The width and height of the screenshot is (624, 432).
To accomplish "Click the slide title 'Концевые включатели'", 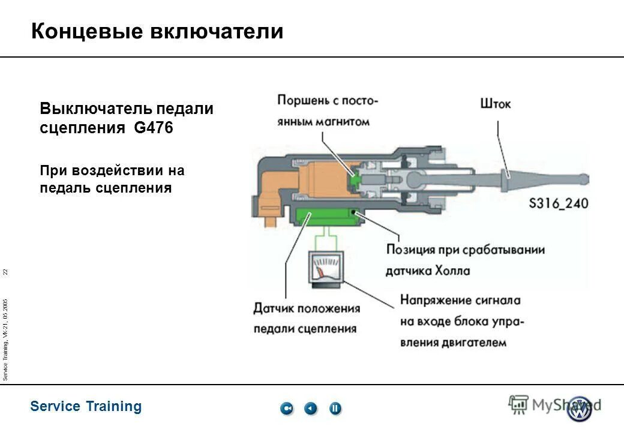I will point(157,31).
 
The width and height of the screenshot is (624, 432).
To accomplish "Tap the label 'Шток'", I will point(496,104).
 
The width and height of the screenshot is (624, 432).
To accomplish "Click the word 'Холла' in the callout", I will point(450,271).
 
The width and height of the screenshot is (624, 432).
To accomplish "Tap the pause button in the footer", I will point(335,409).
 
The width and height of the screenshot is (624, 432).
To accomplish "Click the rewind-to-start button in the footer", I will point(287,409).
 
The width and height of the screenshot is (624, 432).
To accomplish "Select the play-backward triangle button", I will point(311,409).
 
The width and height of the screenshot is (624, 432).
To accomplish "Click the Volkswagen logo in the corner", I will point(580,409).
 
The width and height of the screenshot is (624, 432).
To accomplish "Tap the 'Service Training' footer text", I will point(86,406).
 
